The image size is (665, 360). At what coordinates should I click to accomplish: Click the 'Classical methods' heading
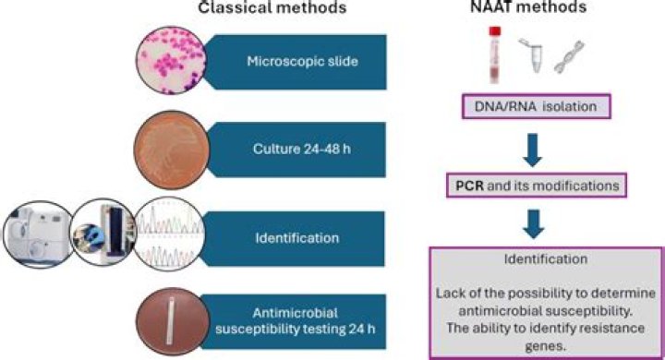tap(271, 10)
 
